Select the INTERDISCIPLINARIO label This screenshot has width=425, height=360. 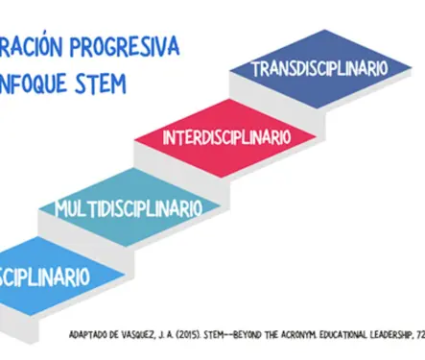point(225,137)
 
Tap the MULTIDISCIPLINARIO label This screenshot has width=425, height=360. point(129,207)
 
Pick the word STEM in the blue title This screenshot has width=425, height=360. point(99,84)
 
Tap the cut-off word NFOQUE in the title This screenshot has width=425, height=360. point(33,84)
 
